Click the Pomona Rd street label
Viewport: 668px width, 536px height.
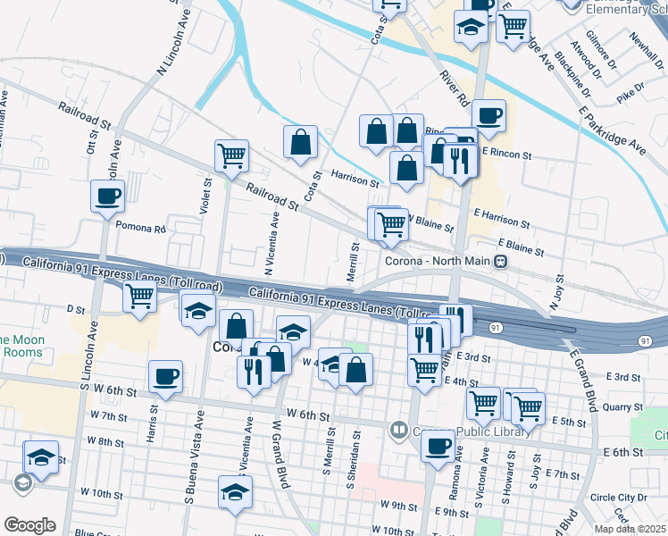(x=141, y=230)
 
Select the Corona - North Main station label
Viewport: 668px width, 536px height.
(x=439, y=262)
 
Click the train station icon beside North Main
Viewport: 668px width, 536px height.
(x=502, y=262)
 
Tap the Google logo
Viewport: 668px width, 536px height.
(x=29, y=525)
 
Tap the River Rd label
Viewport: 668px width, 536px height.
(x=455, y=87)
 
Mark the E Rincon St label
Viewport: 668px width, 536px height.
(x=506, y=154)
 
